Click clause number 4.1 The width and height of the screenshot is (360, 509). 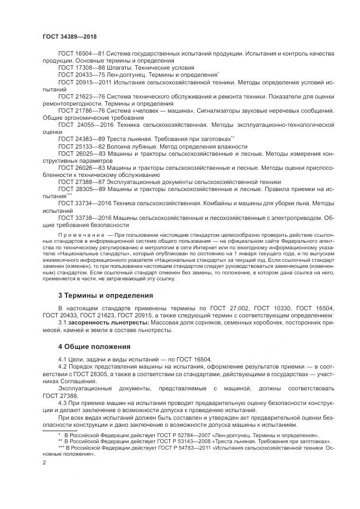coord(63,359)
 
